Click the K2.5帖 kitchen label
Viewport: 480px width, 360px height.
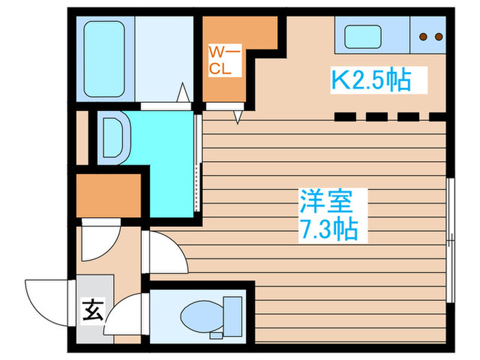pos(371,80)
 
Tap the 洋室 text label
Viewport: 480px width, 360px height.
pos(325,202)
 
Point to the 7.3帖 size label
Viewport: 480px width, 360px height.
pos(328,230)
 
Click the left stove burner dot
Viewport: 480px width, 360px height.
pos(423,36)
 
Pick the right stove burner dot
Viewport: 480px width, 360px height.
pos(437,36)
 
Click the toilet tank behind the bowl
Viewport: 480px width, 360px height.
pos(231,316)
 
